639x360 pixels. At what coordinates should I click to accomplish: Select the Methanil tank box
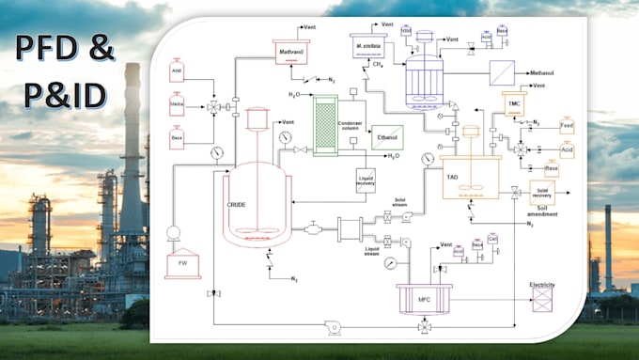click(x=291, y=52)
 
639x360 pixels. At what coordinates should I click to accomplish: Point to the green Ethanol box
click(x=386, y=137)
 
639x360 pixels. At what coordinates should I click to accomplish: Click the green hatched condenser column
click(x=326, y=125)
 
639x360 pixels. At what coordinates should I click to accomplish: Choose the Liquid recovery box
click(x=366, y=180)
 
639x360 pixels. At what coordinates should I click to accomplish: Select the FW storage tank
click(x=182, y=264)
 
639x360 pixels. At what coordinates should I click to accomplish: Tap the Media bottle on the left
click(x=177, y=104)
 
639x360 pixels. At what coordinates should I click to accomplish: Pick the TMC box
click(x=512, y=102)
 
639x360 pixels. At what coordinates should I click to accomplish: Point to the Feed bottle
click(x=567, y=125)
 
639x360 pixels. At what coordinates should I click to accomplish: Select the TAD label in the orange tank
click(x=452, y=163)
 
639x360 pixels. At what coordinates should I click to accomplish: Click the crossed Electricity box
click(x=543, y=299)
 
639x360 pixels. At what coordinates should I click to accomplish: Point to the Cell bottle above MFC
click(x=492, y=241)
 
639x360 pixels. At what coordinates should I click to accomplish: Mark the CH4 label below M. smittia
click(x=377, y=66)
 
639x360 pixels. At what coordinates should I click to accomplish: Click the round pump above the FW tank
click(x=174, y=232)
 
